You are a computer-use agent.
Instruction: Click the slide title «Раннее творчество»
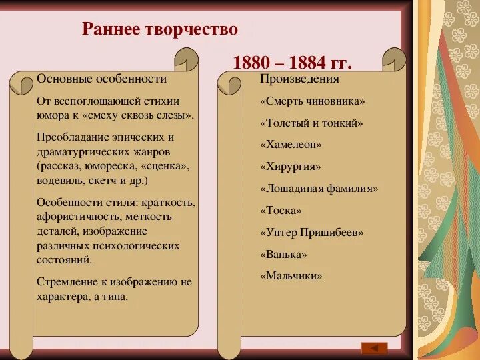(159, 30)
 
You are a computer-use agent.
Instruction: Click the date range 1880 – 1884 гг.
(292, 63)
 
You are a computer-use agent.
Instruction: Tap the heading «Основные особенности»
(101, 79)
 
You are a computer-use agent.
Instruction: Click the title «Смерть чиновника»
(313, 101)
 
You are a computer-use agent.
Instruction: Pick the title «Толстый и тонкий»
(311, 123)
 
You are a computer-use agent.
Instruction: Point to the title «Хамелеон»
(291, 144)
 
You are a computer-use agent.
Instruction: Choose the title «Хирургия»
(291, 166)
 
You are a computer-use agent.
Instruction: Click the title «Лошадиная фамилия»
(319, 188)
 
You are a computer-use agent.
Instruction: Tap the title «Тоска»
(281, 210)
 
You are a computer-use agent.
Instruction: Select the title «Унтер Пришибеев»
(311, 232)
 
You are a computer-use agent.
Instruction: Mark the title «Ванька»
(283, 254)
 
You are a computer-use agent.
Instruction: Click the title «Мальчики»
(291, 275)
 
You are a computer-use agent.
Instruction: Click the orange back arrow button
(374, 347)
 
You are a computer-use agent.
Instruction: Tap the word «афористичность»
(75, 216)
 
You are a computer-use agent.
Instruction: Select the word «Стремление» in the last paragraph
(65, 282)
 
